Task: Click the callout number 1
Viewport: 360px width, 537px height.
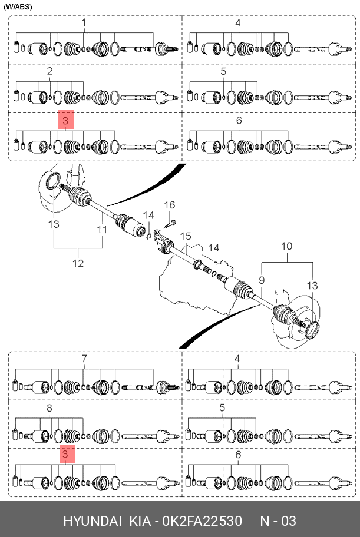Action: [x=84, y=23]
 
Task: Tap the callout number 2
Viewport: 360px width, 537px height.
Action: [x=50, y=71]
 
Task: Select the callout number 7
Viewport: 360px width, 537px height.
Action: [x=84, y=359]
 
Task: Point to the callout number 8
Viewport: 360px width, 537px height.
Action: [x=49, y=407]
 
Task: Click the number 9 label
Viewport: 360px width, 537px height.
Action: [x=262, y=280]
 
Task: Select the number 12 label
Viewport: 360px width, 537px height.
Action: [x=78, y=263]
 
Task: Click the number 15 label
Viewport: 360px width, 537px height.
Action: [x=186, y=236]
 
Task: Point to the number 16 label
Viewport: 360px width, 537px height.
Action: [x=169, y=205]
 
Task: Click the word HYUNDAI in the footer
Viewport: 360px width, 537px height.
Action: [x=93, y=521]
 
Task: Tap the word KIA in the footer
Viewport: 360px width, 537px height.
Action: [x=138, y=521]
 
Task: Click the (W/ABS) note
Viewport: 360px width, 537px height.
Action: [x=18, y=7]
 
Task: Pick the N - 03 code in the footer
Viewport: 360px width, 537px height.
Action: [x=278, y=521]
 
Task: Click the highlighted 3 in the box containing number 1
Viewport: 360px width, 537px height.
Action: [x=65, y=121]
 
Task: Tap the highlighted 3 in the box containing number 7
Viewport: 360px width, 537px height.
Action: [x=65, y=455]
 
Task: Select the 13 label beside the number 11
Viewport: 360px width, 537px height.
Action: [x=54, y=224]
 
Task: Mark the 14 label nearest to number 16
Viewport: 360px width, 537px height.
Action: [x=148, y=215]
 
